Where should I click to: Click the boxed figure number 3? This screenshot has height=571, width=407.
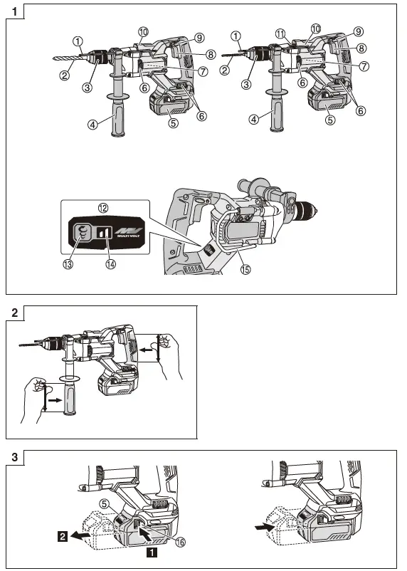[x=15, y=456]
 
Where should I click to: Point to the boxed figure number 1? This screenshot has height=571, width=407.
[x=15, y=11]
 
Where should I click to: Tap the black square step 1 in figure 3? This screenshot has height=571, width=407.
[x=151, y=550]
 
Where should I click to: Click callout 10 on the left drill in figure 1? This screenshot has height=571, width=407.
[x=144, y=32]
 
